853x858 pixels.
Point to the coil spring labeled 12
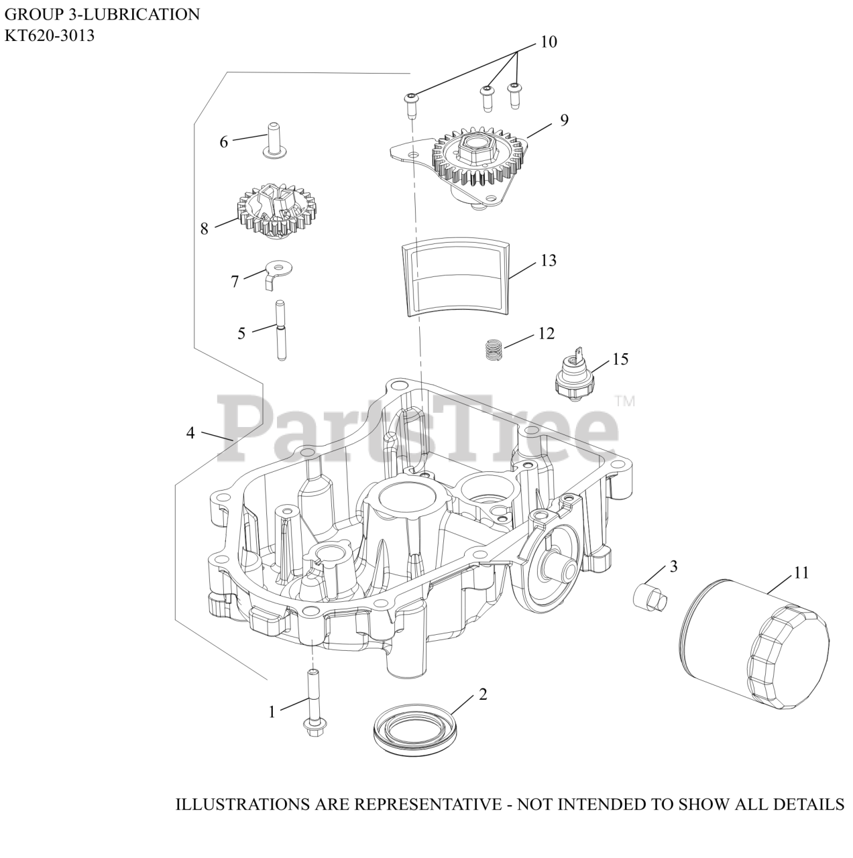[x=492, y=349]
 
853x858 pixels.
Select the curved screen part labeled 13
[x=455, y=278]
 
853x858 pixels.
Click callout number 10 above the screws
[x=549, y=42]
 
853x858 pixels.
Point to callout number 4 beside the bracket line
[x=190, y=433]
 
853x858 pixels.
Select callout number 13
[x=549, y=260]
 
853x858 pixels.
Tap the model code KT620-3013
[x=50, y=36]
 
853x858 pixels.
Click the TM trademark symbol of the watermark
[x=624, y=402]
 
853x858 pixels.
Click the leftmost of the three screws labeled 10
[x=410, y=102]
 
